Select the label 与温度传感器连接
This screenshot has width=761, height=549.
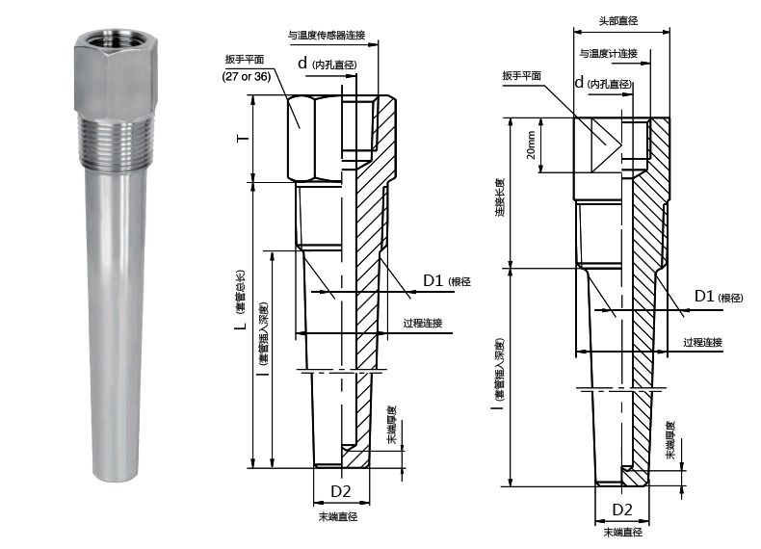(x=328, y=36)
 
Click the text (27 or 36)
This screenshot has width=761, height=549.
(x=246, y=76)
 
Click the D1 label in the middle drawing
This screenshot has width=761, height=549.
(x=433, y=280)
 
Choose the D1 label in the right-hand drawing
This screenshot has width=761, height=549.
(x=705, y=296)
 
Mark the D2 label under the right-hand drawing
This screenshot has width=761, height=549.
(x=623, y=509)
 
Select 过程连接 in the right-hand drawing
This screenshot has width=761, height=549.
(x=703, y=343)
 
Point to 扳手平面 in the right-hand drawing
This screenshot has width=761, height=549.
(x=521, y=74)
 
